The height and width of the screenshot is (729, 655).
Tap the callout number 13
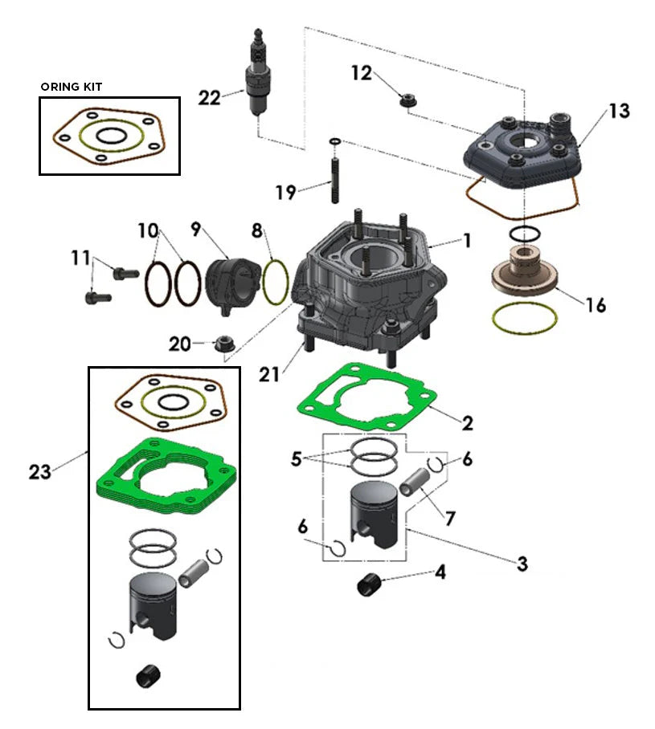click(618, 111)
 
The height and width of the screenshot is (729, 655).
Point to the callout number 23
click(39, 472)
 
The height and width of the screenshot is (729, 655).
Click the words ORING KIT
click(72, 87)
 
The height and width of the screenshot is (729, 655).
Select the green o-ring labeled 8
click(276, 281)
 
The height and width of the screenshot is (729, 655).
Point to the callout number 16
click(595, 306)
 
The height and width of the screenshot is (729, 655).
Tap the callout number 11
click(80, 259)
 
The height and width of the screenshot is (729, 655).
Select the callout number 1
click(466, 240)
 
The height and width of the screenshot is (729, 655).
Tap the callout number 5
click(297, 458)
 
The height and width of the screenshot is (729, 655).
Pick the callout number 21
click(269, 373)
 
